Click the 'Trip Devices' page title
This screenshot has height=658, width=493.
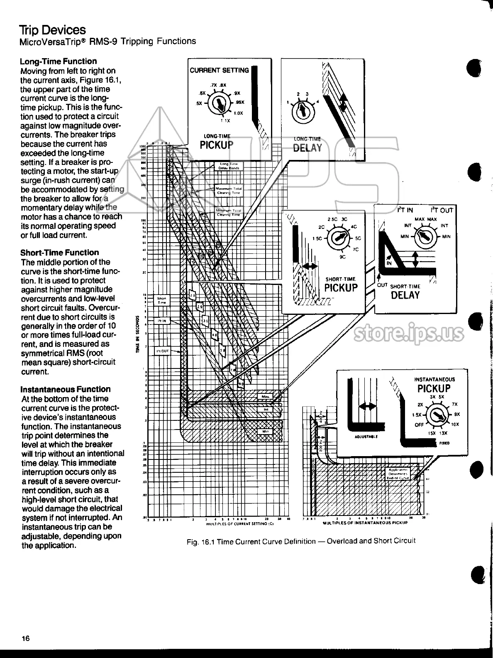(52, 30)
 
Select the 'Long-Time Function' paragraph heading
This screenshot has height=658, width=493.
(58, 61)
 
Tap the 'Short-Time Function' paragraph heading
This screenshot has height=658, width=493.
(60, 253)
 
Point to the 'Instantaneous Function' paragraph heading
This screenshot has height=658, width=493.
(66, 389)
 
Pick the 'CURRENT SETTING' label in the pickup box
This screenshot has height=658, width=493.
(219, 70)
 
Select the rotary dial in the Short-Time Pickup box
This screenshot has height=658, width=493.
(339, 238)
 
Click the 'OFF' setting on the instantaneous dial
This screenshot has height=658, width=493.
(419, 425)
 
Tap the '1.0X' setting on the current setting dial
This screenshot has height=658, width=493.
(238, 113)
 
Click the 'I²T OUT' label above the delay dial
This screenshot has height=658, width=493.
(442, 210)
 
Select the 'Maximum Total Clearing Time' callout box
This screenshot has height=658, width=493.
(228, 191)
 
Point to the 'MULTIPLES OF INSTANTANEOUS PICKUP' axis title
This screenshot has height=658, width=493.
(365, 522)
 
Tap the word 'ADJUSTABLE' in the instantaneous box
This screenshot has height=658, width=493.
(366, 437)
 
